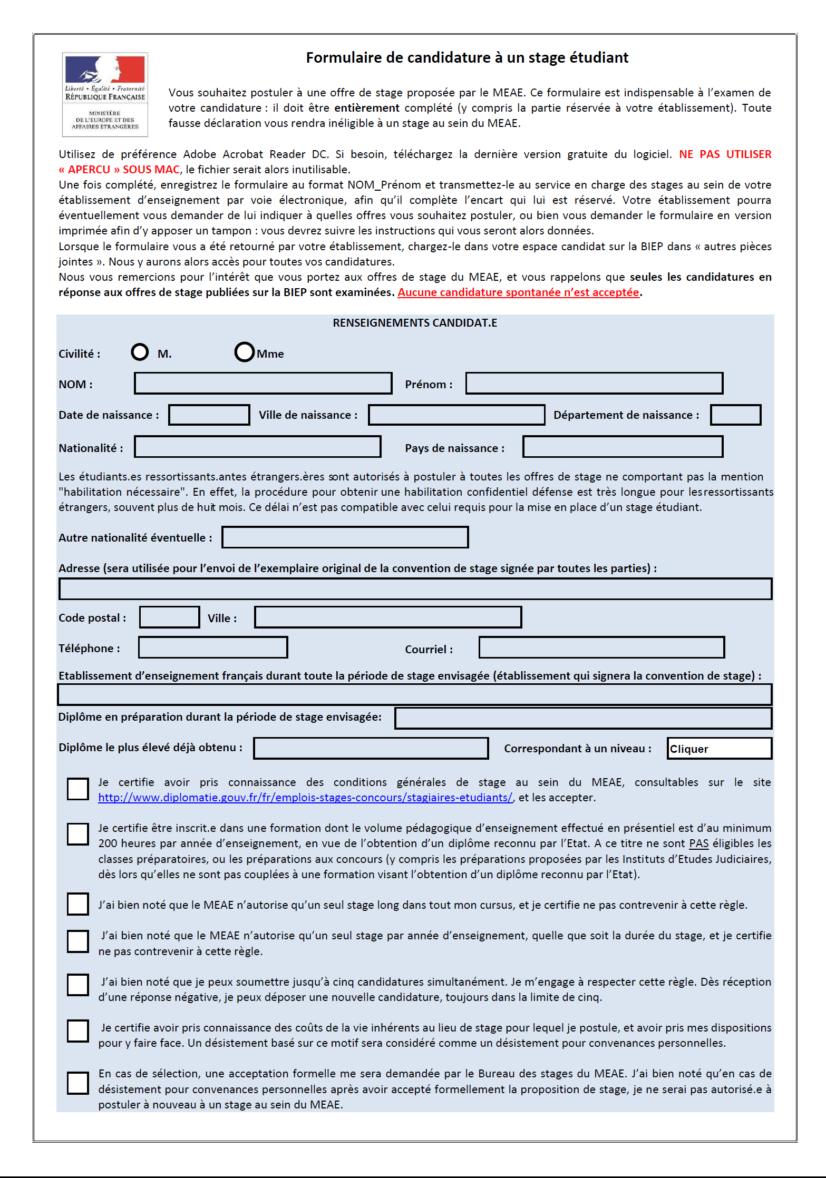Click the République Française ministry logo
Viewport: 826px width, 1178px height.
coord(105,94)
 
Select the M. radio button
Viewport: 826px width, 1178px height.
coord(140,352)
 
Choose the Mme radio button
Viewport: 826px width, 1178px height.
coord(245,352)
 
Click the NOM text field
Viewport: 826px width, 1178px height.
coord(263,383)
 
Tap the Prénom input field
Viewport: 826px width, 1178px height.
coord(594,383)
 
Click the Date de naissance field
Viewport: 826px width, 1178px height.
coord(209,415)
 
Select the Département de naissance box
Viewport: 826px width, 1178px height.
coord(735,415)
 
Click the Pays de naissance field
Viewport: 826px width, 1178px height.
coord(623,447)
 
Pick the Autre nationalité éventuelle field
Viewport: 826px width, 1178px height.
coord(345,537)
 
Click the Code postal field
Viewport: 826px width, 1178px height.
coord(170,617)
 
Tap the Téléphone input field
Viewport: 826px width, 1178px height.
coord(213,647)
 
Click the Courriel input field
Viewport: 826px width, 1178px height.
coord(601,647)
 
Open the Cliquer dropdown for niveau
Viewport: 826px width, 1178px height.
coord(719,748)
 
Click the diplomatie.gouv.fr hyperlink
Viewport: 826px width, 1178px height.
coord(305,798)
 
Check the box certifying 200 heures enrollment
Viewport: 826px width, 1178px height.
coord(78,834)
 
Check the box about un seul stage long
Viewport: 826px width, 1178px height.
coord(78,904)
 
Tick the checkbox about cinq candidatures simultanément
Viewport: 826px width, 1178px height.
coord(78,985)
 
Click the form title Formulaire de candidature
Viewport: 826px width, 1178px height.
coord(467,57)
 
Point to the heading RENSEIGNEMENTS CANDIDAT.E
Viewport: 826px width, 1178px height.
coord(415,323)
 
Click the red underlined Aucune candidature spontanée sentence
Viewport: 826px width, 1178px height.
coord(518,292)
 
